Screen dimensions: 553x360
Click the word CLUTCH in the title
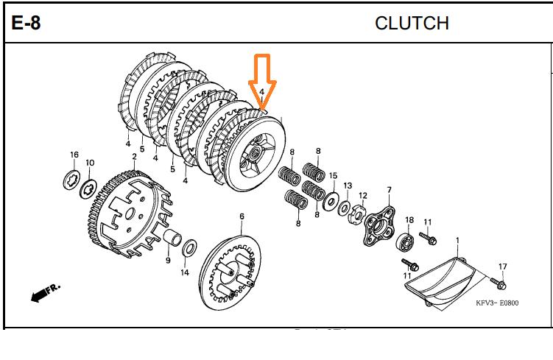pyautogui.click(x=412, y=24)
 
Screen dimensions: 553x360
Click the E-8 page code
pyautogui.click(x=26, y=23)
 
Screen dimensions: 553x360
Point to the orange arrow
pyautogui.click(x=262, y=82)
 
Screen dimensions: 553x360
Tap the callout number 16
pyautogui.click(x=74, y=155)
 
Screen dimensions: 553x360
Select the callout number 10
pyautogui.click(x=90, y=163)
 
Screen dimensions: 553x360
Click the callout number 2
pyautogui.click(x=134, y=156)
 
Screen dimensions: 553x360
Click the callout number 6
pyautogui.click(x=242, y=216)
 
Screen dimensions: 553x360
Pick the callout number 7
pyautogui.click(x=389, y=190)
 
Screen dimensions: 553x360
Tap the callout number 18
pyautogui.click(x=409, y=220)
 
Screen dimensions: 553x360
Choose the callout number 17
pyautogui.click(x=503, y=267)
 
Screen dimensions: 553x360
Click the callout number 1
pyautogui.click(x=458, y=241)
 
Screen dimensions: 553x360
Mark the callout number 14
pyautogui.click(x=185, y=272)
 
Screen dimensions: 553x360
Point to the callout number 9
pyautogui.click(x=168, y=260)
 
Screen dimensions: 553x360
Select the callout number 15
pyautogui.click(x=334, y=175)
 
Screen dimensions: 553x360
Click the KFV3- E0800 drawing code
pyautogui.click(x=497, y=303)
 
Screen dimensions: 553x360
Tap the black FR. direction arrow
pyautogui.click(x=46, y=292)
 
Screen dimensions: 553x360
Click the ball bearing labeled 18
pyautogui.click(x=404, y=243)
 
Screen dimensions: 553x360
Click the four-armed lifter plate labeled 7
pyautogui.click(x=380, y=225)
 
